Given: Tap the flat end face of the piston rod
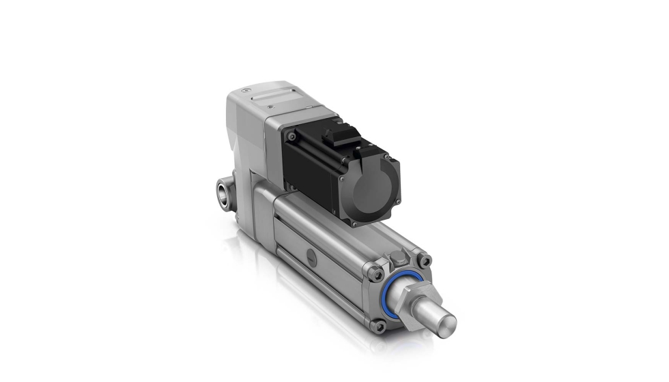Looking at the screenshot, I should point(444,323).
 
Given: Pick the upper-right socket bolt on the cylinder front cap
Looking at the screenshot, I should point(425,260).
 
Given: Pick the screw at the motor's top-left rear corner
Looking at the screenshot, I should point(292,136).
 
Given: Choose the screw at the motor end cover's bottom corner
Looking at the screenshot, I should point(354,221).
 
